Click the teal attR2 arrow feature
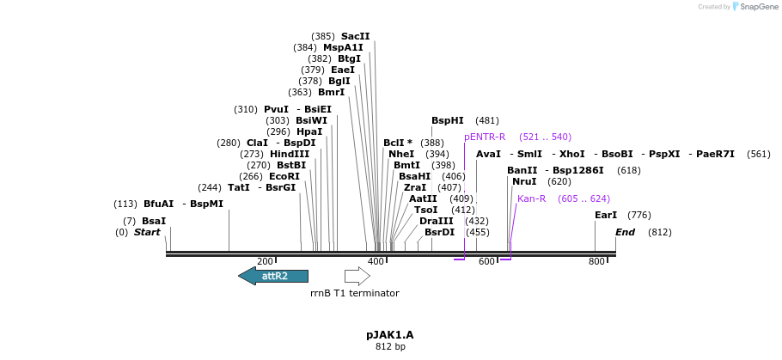[273, 276]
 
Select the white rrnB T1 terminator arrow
[357, 276]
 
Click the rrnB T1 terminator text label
[354, 293]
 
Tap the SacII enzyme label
[355, 36]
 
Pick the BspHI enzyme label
[447, 121]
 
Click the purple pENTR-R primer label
[485, 137]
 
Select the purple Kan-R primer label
[531, 198]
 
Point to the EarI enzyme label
[606, 215]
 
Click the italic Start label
[147, 232]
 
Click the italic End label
[625, 232]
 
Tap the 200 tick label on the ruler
[265, 261]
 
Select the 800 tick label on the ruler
[596, 261]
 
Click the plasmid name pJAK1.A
[389, 334]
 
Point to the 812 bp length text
[389, 347]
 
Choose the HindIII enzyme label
[289, 154]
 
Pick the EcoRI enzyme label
[284, 176]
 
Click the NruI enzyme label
[524, 181]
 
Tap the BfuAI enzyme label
[158, 204]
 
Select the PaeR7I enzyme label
[715, 154]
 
